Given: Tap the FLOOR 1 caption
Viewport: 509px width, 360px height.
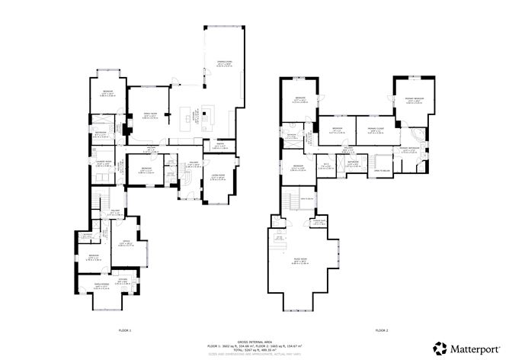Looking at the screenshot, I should [x=125, y=329].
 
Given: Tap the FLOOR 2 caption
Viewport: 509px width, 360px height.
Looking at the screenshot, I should [x=381, y=329].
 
